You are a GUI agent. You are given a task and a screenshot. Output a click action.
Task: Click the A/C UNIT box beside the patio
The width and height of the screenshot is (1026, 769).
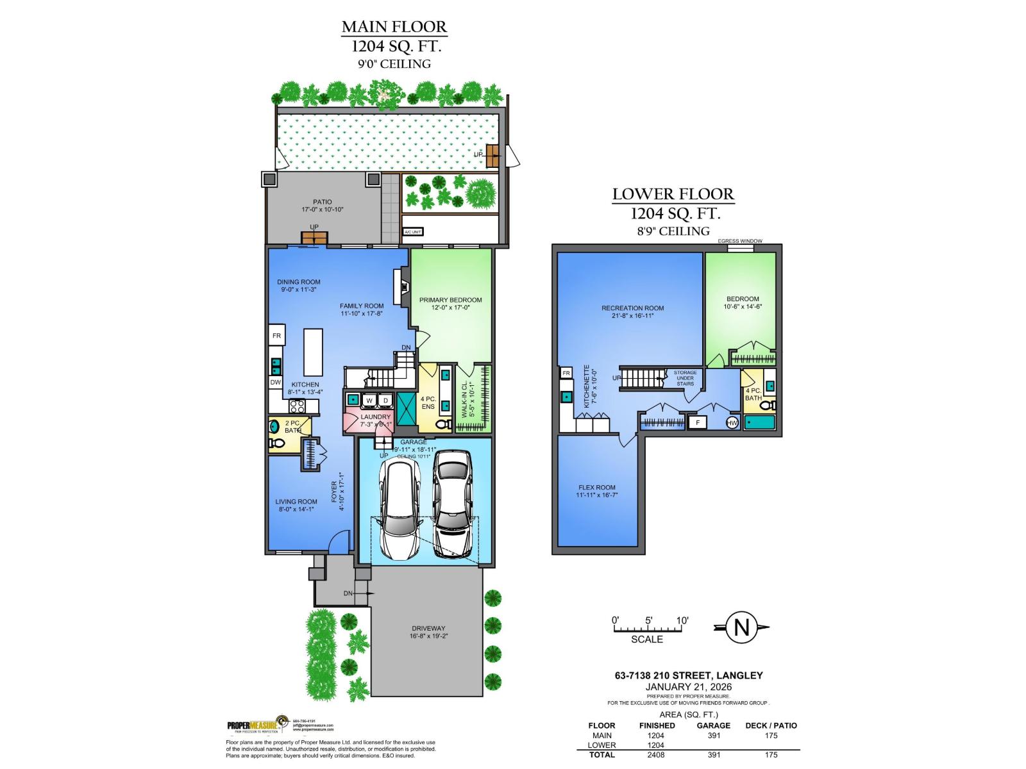412,232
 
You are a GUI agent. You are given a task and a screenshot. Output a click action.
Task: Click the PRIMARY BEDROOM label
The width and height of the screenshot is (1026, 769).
450,299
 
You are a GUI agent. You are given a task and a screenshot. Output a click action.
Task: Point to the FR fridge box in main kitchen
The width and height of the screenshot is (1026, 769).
277,336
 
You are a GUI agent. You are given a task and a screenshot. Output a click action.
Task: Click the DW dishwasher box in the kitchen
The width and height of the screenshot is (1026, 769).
275,383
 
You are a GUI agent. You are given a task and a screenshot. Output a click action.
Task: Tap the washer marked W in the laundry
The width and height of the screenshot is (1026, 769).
369,401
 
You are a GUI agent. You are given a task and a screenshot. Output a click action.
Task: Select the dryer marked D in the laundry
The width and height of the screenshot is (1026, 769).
385,401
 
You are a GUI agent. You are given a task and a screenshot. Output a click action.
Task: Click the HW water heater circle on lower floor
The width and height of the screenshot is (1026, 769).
732,422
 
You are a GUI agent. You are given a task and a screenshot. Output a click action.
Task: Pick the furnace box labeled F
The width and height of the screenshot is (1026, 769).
697,422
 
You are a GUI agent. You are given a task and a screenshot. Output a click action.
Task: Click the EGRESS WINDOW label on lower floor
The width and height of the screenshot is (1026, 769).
740,241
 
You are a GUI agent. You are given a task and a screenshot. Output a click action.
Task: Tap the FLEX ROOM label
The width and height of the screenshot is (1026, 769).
596,488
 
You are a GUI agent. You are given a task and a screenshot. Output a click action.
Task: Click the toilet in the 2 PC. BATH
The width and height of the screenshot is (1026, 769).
278,443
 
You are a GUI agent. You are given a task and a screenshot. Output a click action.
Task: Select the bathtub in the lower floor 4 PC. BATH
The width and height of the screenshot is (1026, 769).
760,423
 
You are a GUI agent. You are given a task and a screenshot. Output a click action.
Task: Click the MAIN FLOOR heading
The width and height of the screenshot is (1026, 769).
394,27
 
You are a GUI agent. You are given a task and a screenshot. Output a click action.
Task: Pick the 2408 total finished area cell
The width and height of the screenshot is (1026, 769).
657,754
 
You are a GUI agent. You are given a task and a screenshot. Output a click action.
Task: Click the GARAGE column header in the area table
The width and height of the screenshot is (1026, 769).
713,725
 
